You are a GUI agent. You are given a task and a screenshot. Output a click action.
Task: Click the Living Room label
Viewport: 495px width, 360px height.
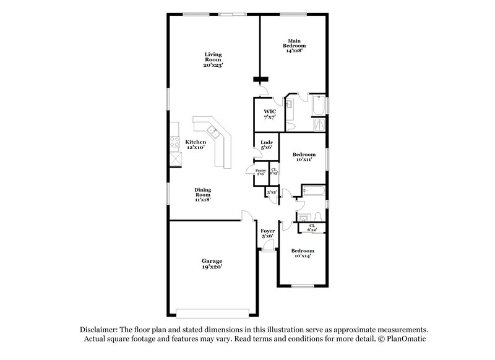coord(213,59)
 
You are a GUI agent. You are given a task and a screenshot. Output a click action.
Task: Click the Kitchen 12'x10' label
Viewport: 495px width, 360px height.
coord(196,145)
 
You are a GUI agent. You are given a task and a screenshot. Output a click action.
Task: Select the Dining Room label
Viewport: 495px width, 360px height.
coord(204,194)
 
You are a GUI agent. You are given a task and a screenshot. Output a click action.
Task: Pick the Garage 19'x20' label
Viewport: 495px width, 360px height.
coord(212,264)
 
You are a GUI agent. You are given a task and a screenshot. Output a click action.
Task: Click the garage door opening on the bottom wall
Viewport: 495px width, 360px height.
coord(212,312)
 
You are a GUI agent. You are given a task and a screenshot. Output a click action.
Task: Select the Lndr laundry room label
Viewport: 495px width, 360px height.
coord(267,145)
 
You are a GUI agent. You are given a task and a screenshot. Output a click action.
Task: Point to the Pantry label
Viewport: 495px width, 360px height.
coord(261,171)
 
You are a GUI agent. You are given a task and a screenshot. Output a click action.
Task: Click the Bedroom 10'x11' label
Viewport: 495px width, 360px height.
coord(303,156)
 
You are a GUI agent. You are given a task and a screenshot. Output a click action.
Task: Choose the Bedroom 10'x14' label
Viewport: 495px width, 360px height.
coord(303,253)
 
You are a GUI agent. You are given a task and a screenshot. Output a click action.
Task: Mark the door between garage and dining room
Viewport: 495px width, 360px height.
coord(247,216)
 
